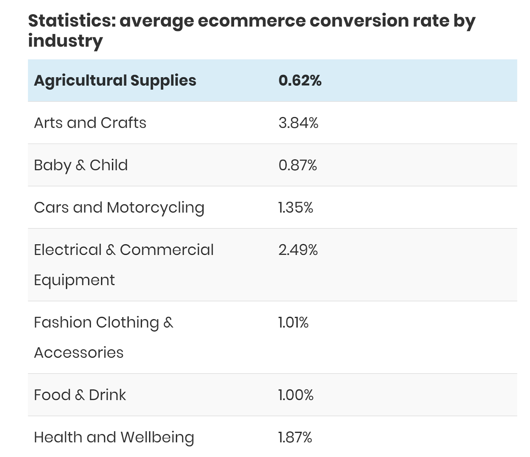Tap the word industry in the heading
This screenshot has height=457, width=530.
65,41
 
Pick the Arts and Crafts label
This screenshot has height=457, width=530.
90,123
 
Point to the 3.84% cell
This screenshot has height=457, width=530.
298,123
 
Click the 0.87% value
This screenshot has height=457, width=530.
297,165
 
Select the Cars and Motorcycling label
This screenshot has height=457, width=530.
119,208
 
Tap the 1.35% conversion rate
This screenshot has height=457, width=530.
296,208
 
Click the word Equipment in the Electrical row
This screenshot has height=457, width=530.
74,280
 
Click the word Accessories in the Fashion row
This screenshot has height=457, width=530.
79,353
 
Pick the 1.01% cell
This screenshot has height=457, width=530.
293,322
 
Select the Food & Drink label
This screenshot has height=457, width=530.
80,395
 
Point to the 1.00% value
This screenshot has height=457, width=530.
296,395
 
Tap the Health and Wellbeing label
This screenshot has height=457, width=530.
114,437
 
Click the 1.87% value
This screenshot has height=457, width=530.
295,437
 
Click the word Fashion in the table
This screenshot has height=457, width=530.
63,322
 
